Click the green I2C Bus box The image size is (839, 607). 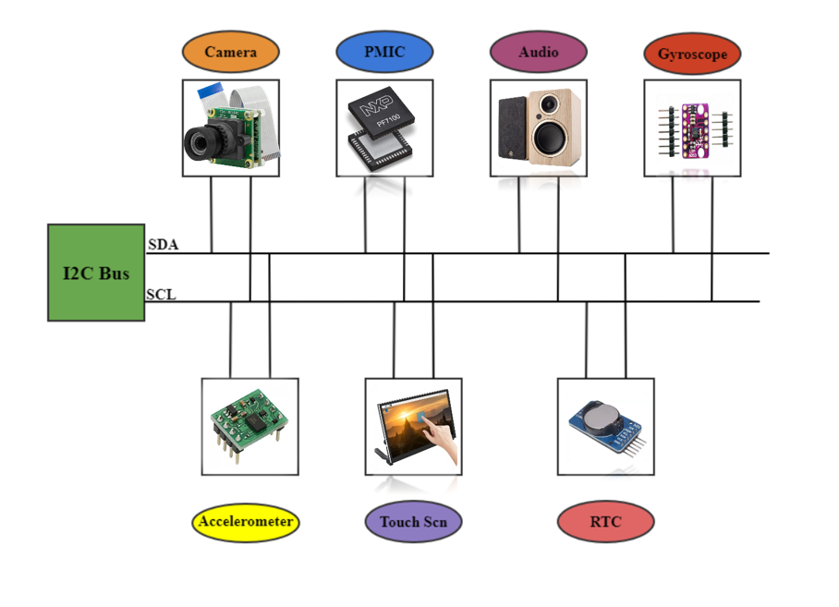96,273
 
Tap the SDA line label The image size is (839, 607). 163,246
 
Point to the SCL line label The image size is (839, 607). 161,296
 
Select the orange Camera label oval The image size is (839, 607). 230,53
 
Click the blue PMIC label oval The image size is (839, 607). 383,53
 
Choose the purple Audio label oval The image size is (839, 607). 538,53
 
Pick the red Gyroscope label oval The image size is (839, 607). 692,55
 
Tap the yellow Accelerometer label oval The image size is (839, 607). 247,522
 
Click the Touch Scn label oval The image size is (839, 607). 413,523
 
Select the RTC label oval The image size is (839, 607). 605,523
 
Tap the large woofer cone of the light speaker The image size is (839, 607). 553,140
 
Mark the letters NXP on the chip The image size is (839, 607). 371,110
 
